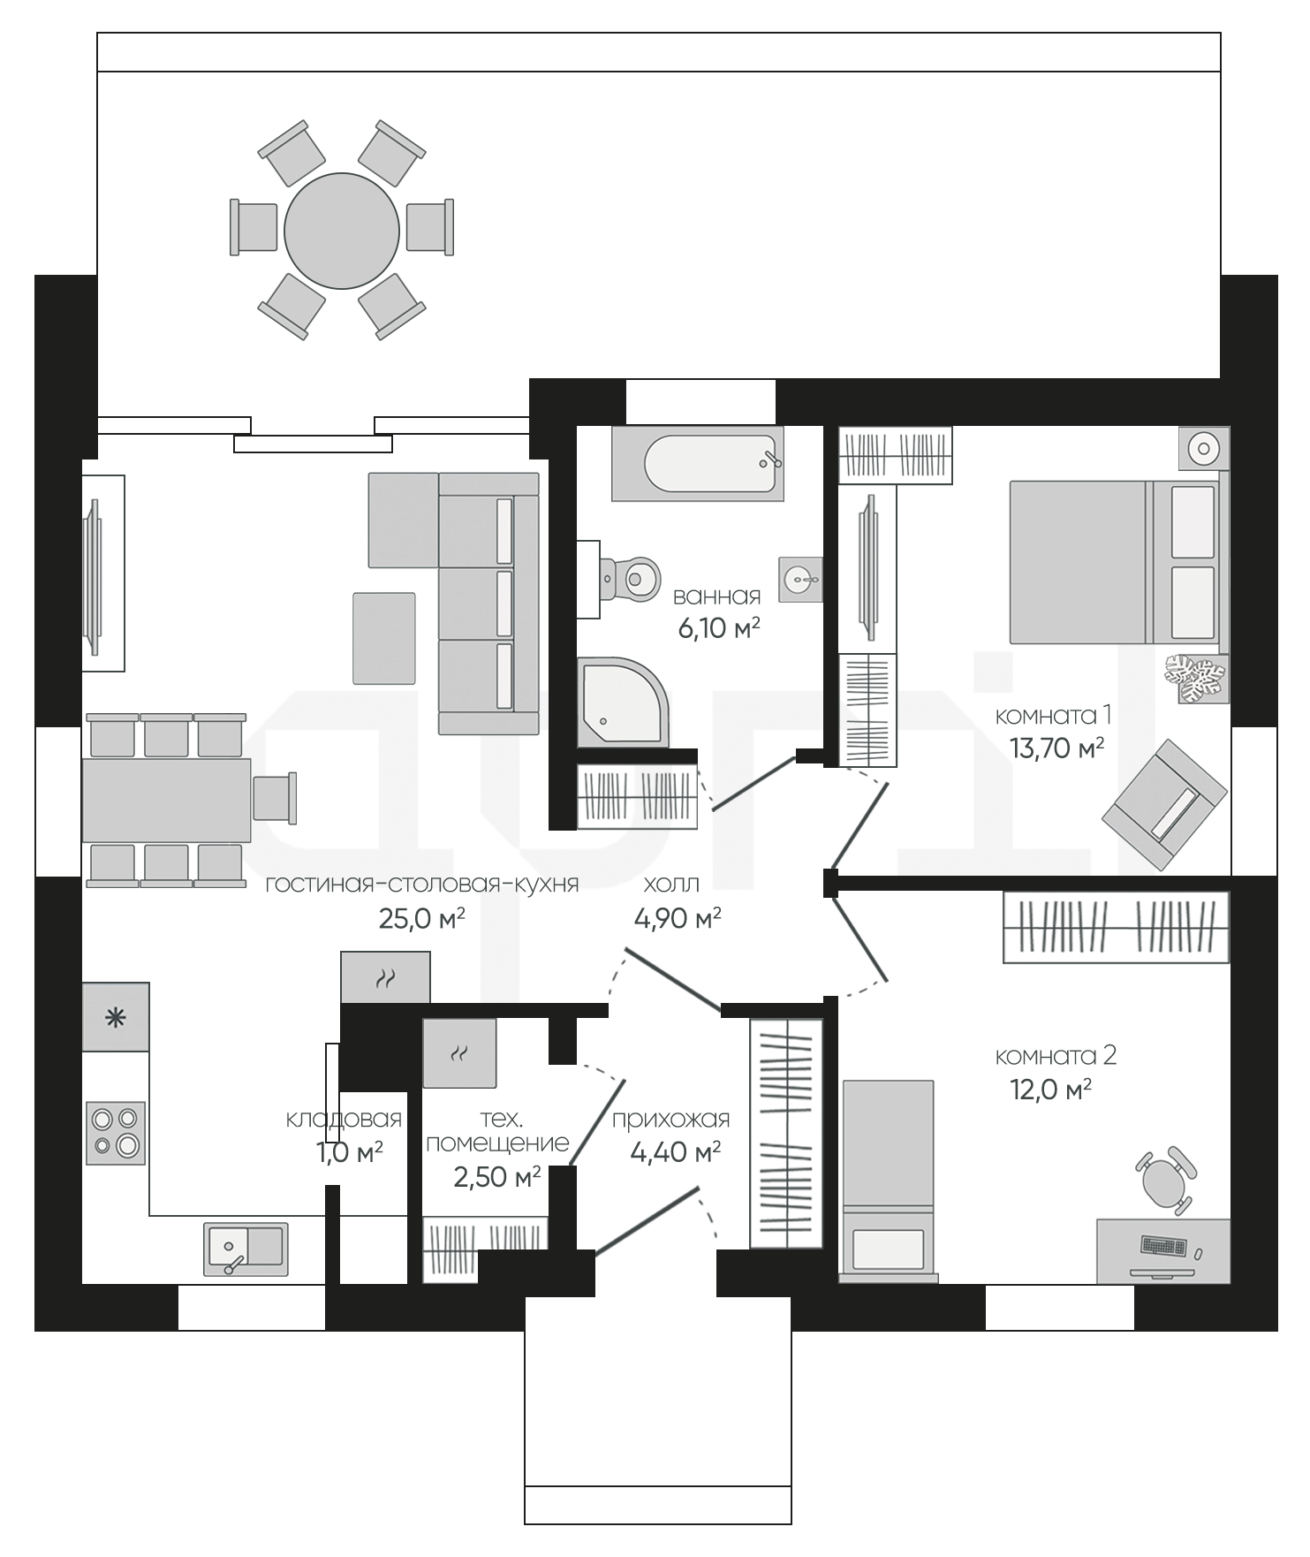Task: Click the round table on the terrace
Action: click(342, 231)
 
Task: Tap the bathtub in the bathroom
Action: click(698, 464)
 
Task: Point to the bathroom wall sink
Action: click(800, 580)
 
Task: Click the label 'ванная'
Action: click(716, 596)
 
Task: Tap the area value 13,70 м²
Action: click(1056, 748)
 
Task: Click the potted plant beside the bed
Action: click(1197, 678)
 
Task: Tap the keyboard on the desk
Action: click(1163, 1246)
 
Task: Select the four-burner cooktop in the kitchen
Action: click(116, 1132)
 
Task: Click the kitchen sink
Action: click(246, 1249)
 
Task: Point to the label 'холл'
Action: click(671, 885)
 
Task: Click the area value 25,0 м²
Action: click(421, 919)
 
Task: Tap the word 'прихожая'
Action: click(671, 1120)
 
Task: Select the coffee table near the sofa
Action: click(384, 638)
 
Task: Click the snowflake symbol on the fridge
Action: click(116, 1018)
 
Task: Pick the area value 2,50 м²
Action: click(496, 1177)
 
